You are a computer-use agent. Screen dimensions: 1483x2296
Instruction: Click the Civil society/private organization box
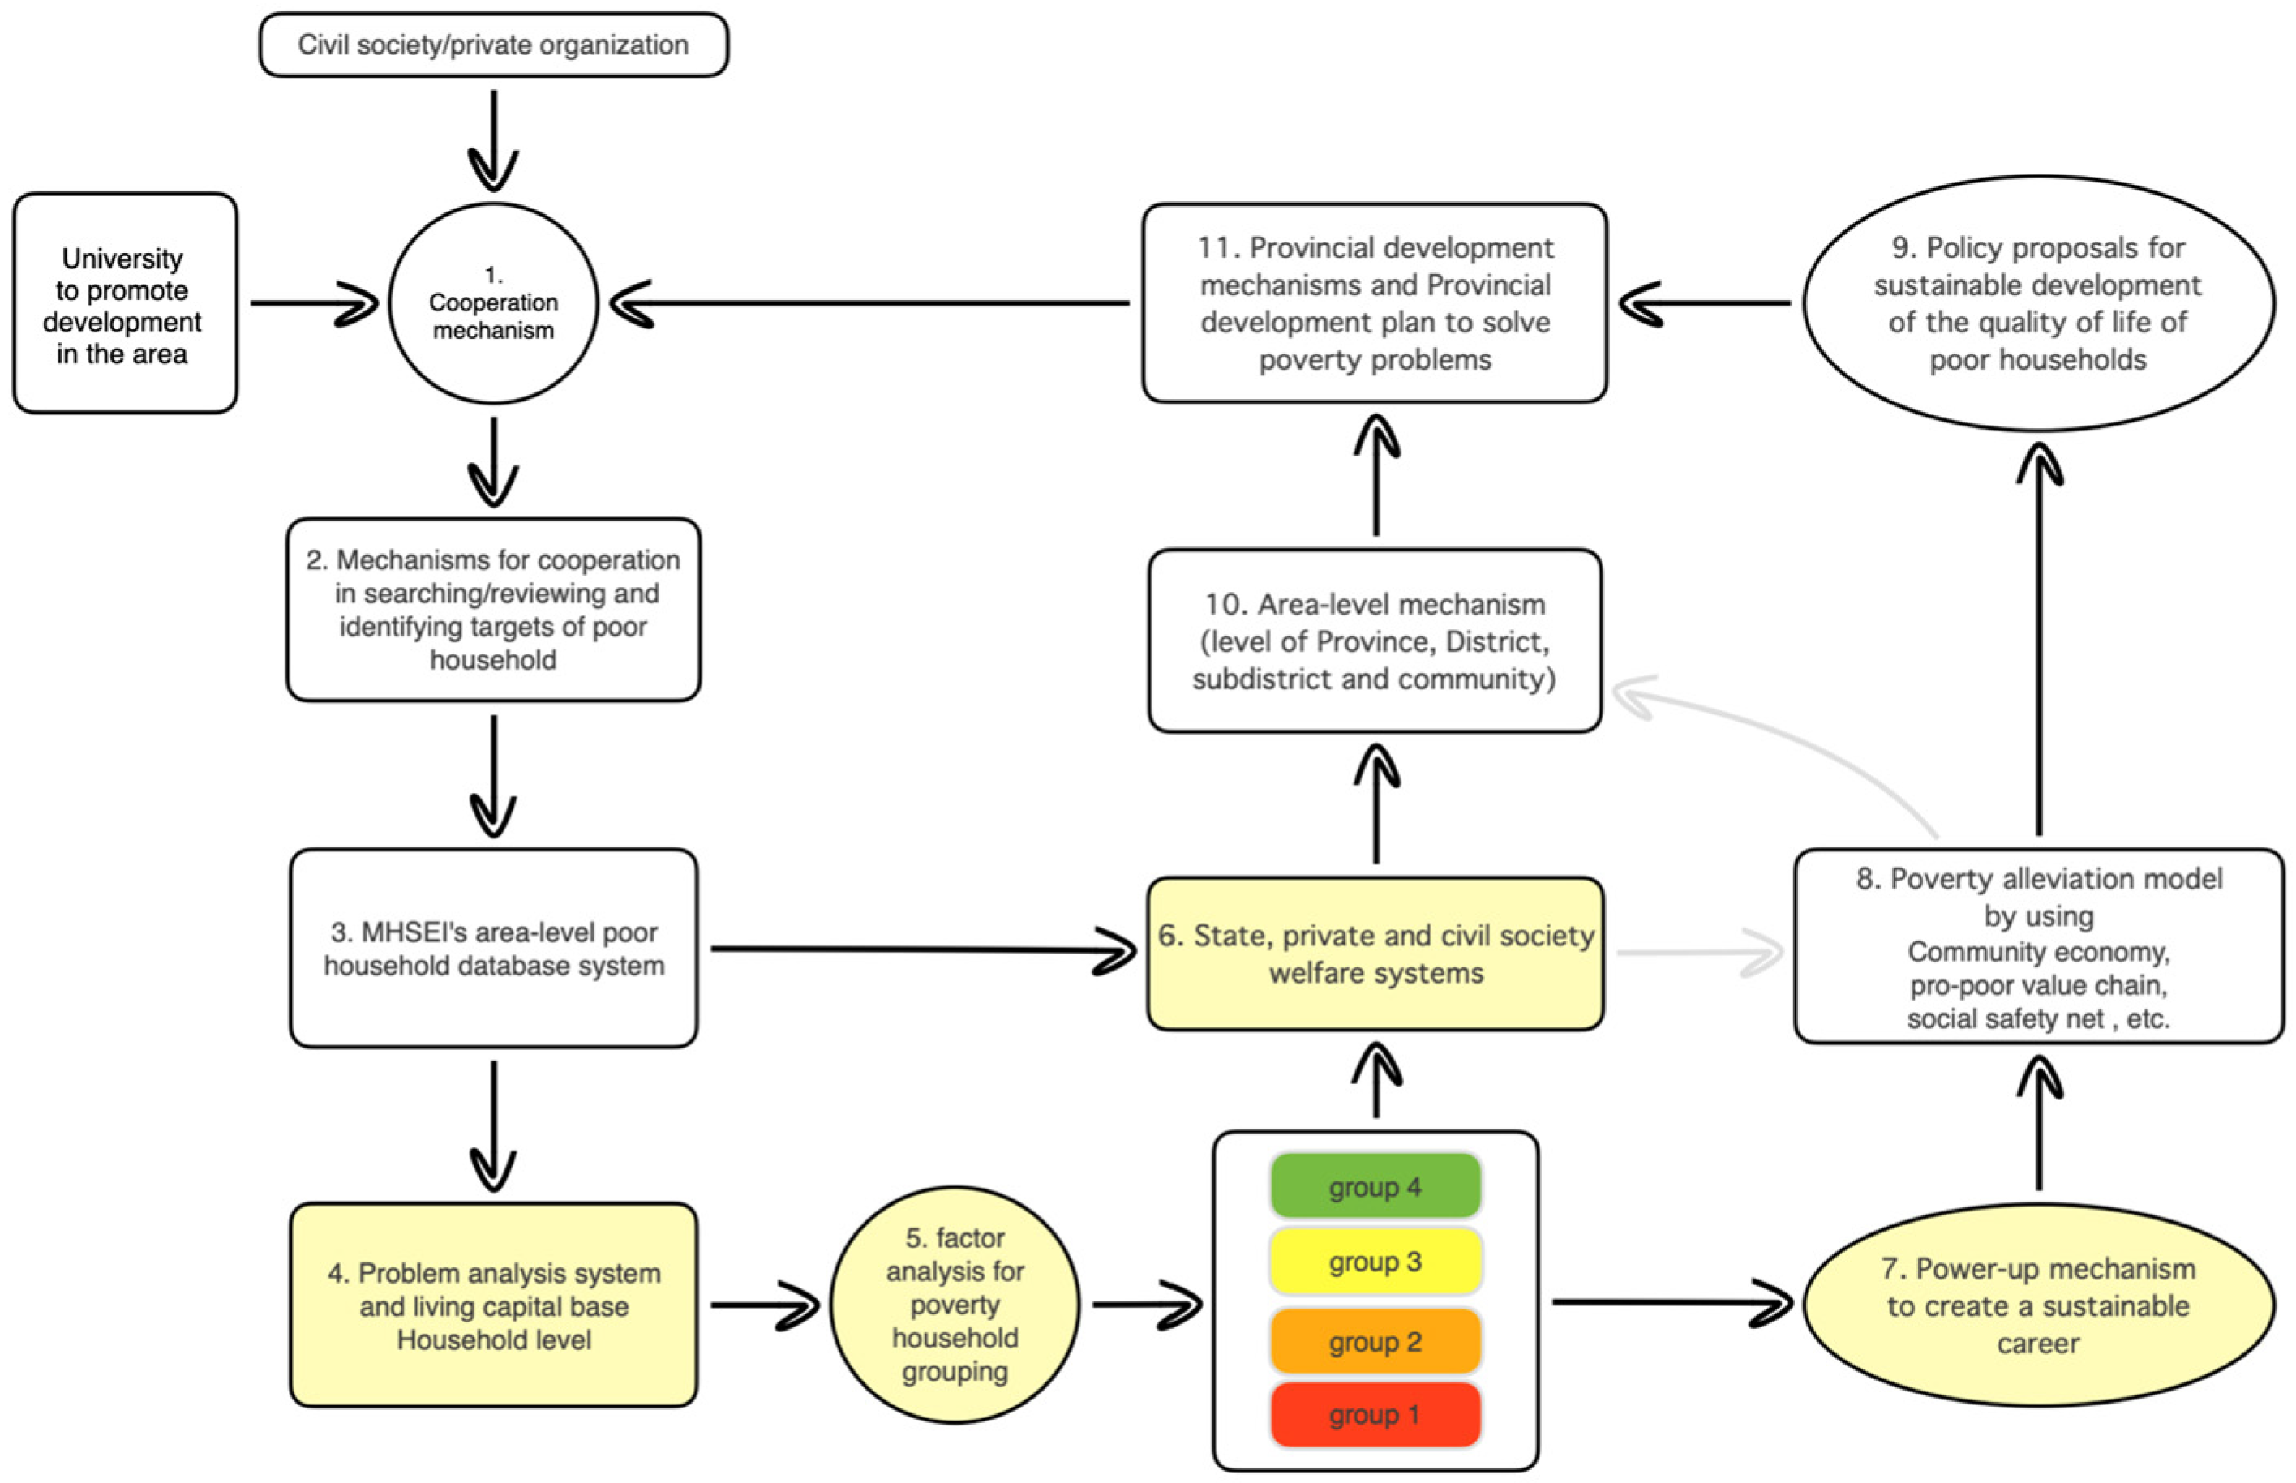493,45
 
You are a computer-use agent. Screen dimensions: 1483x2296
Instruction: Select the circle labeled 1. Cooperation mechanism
493,303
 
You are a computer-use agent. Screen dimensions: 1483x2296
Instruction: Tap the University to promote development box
124,303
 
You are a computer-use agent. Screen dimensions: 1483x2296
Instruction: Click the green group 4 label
1375,1186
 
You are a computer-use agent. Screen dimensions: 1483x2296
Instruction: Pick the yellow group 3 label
1375,1262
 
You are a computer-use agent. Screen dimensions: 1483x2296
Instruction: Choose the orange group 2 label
1375,1341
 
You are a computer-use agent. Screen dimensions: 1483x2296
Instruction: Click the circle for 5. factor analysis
955,1304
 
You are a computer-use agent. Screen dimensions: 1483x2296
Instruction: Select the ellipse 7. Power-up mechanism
2038,1305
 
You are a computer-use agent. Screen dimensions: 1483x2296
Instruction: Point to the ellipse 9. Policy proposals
2038,303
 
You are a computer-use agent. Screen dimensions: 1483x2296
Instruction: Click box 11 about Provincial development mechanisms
1375,303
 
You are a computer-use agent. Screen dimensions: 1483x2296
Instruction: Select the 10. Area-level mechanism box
1375,641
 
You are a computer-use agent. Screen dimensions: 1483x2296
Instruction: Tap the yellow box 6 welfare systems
1375,954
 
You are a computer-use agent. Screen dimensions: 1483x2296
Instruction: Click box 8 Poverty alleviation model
2038,946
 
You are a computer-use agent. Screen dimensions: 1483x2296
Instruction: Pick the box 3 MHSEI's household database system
493,949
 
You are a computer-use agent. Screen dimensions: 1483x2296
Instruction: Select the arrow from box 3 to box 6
915,949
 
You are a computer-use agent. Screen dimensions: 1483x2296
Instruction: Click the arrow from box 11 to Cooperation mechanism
867,303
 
